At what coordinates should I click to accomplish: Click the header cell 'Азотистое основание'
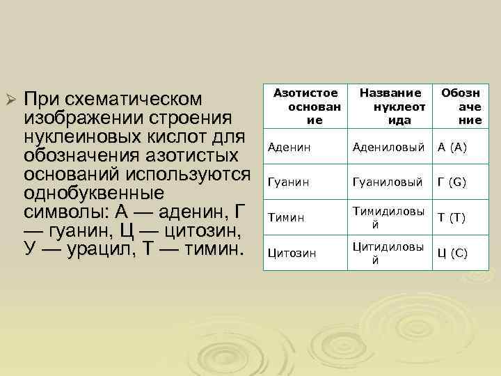coord(305,106)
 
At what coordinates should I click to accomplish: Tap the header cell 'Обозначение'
coord(459,106)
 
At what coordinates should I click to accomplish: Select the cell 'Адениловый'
coord(388,147)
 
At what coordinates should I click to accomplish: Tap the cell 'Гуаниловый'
coord(388,182)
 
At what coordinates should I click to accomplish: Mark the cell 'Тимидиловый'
coord(388,218)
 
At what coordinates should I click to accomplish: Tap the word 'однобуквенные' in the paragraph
coord(95,191)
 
